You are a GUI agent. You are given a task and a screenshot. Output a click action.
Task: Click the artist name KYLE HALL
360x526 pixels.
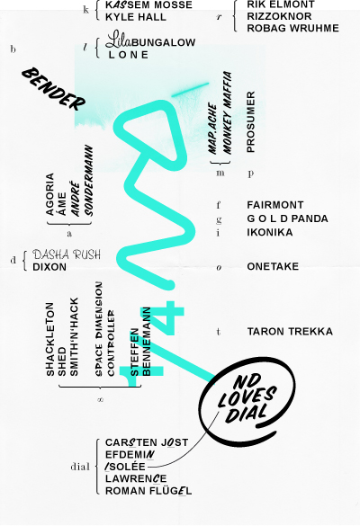point(136,17)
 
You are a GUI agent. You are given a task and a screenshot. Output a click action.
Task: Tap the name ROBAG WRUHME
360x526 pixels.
point(292,28)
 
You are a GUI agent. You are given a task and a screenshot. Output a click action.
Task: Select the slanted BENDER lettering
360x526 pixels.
point(54,89)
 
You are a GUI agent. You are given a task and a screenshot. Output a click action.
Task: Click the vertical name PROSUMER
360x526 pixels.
point(251,122)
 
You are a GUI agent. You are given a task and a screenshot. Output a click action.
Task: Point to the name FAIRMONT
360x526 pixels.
point(275,205)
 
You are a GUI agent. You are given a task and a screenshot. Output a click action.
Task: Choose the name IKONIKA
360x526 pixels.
point(270,232)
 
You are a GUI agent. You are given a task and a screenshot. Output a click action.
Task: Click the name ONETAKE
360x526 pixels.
point(273,266)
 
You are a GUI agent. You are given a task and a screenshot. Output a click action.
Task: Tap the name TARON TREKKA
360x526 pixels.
point(290,332)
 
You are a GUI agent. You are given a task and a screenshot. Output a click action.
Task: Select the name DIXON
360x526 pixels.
point(49,267)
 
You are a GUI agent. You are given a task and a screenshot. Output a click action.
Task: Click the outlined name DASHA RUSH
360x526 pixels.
point(67,254)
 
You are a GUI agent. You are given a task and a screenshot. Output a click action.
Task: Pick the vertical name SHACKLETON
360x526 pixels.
point(49,339)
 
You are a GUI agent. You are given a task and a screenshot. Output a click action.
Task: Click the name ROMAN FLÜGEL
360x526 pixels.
point(148,491)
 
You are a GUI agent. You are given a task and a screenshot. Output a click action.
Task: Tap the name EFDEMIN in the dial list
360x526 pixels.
point(130,455)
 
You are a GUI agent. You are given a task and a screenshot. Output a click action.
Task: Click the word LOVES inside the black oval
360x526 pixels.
point(247,397)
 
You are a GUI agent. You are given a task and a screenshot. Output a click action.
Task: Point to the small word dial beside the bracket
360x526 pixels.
point(80,467)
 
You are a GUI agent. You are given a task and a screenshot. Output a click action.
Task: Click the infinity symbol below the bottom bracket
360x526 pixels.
point(100,399)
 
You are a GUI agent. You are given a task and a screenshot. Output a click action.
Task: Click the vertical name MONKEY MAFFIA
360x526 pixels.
point(228,112)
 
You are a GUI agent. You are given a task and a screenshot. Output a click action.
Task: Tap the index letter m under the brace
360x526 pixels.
point(220,174)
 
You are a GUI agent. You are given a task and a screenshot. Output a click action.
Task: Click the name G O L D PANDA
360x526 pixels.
point(287,218)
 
